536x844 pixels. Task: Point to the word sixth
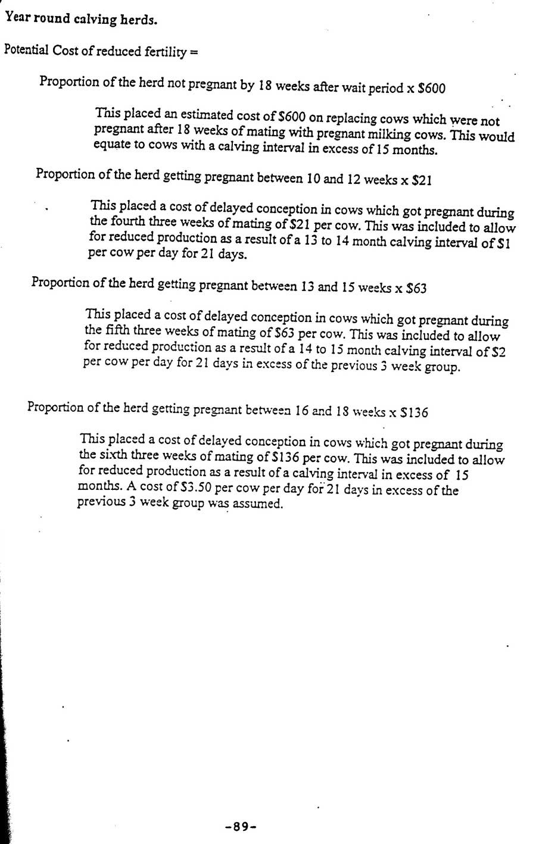(113, 455)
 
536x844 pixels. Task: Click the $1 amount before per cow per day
(504, 244)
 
